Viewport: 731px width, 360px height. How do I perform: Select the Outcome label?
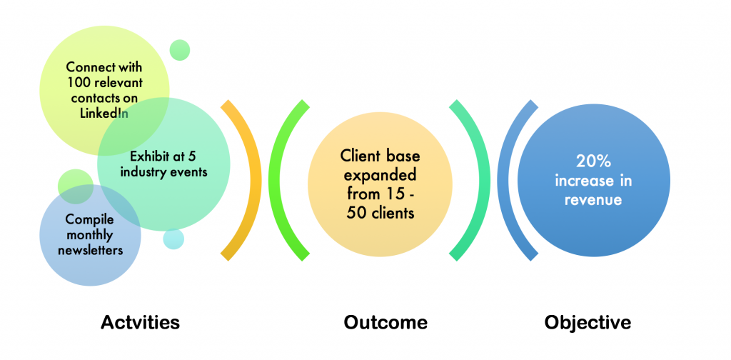tap(385, 322)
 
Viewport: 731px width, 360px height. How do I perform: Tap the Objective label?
tap(588, 322)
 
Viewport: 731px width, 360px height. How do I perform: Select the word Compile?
tap(89, 219)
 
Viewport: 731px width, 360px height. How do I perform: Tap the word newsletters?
tap(89, 249)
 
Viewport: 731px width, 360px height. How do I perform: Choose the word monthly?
tap(89, 234)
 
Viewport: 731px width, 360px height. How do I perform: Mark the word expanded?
tap(381, 175)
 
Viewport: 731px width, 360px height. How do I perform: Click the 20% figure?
tap(594, 162)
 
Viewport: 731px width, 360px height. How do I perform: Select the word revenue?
tap(594, 199)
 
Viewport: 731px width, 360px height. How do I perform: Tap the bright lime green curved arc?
tap(281, 179)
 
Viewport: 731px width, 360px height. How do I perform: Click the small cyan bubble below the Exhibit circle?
tap(173, 239)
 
